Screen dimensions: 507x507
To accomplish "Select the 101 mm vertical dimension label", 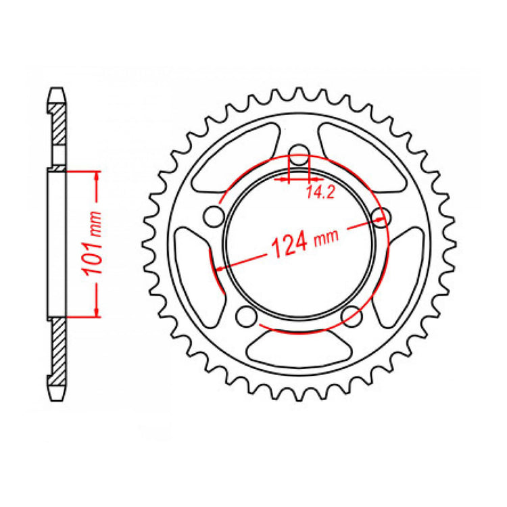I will (94, 244).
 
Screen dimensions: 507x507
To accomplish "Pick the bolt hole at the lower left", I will (247, 315).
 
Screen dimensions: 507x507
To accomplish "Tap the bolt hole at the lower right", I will (351, 315).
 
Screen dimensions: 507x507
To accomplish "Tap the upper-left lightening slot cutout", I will (233, 160).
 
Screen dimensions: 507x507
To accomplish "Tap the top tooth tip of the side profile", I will (57, 89).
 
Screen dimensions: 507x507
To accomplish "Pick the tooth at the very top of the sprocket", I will (299, 94).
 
